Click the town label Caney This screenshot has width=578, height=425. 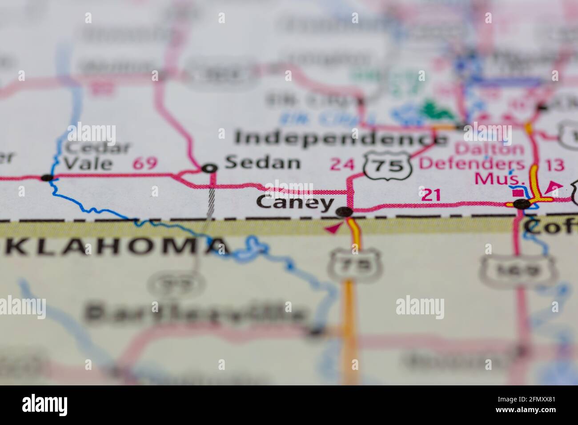pyautogui.click(x=296, y=203)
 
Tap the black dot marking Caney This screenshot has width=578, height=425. pyautogui.click(x=345, y=212)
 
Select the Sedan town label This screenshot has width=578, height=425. pyautogui.click(x=262, y=163)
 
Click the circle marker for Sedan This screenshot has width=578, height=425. pyautogui.click(x=209, y=168)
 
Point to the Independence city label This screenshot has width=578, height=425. pyautogui.click(x=340, y=138)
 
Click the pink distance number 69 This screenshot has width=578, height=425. pyautogui.click(x=145, y=163)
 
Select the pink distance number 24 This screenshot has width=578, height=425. pyautogui.click(x=342, y=165)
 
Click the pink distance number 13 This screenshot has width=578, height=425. pyautogui.click(x=554, y=165)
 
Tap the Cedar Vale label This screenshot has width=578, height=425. pyautogui.click(x=96, y=156)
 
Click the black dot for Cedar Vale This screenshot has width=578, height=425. pyautogui.click(x=47, y=178)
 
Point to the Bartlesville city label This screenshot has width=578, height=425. pyautogui.click(x=196, y=313)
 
